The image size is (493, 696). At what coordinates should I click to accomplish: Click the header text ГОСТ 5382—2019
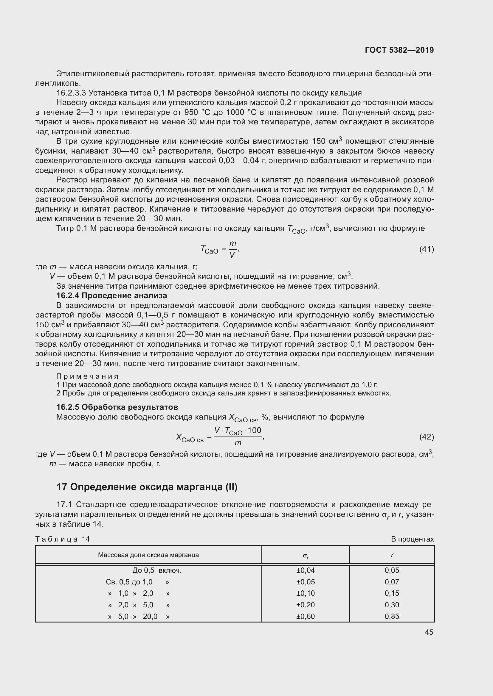click(x=399, y=50)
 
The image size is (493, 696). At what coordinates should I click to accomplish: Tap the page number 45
click(x=429, y=632)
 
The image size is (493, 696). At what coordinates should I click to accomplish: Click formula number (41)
click(x=427, y=249)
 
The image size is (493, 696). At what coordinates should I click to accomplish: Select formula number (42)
click(x=427, y=437)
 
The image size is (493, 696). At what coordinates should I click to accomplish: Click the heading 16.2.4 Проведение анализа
click(x=111, y=295)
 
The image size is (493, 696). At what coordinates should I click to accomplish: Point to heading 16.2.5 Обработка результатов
click(x=117, y=407)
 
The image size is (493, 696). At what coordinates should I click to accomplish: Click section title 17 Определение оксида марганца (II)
click(x=147, y=487)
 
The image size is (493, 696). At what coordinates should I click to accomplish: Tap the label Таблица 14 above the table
click(x=63, y=539)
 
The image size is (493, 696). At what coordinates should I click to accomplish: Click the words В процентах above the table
click(x=412, y=539)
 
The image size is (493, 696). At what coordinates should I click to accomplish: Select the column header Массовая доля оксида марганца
click(x=148, y=555)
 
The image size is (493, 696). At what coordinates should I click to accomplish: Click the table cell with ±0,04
click(x=306, y=570)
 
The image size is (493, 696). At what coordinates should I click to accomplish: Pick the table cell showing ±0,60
click(x=306, y=616)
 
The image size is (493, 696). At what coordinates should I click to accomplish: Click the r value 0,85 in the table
click(x=392, y=616)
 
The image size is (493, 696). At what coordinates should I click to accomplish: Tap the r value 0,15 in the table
click(x=392, y=593)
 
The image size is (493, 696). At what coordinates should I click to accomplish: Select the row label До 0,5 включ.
click(x=157, y=570)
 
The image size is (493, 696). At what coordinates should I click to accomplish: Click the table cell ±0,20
click(x=306, y=605)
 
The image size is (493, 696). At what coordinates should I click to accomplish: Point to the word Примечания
click(x=87, y=376)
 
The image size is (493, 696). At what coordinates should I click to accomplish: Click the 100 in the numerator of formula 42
click(x=254, y=431)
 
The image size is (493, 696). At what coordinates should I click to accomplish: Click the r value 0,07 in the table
click(x=392, y=582)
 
